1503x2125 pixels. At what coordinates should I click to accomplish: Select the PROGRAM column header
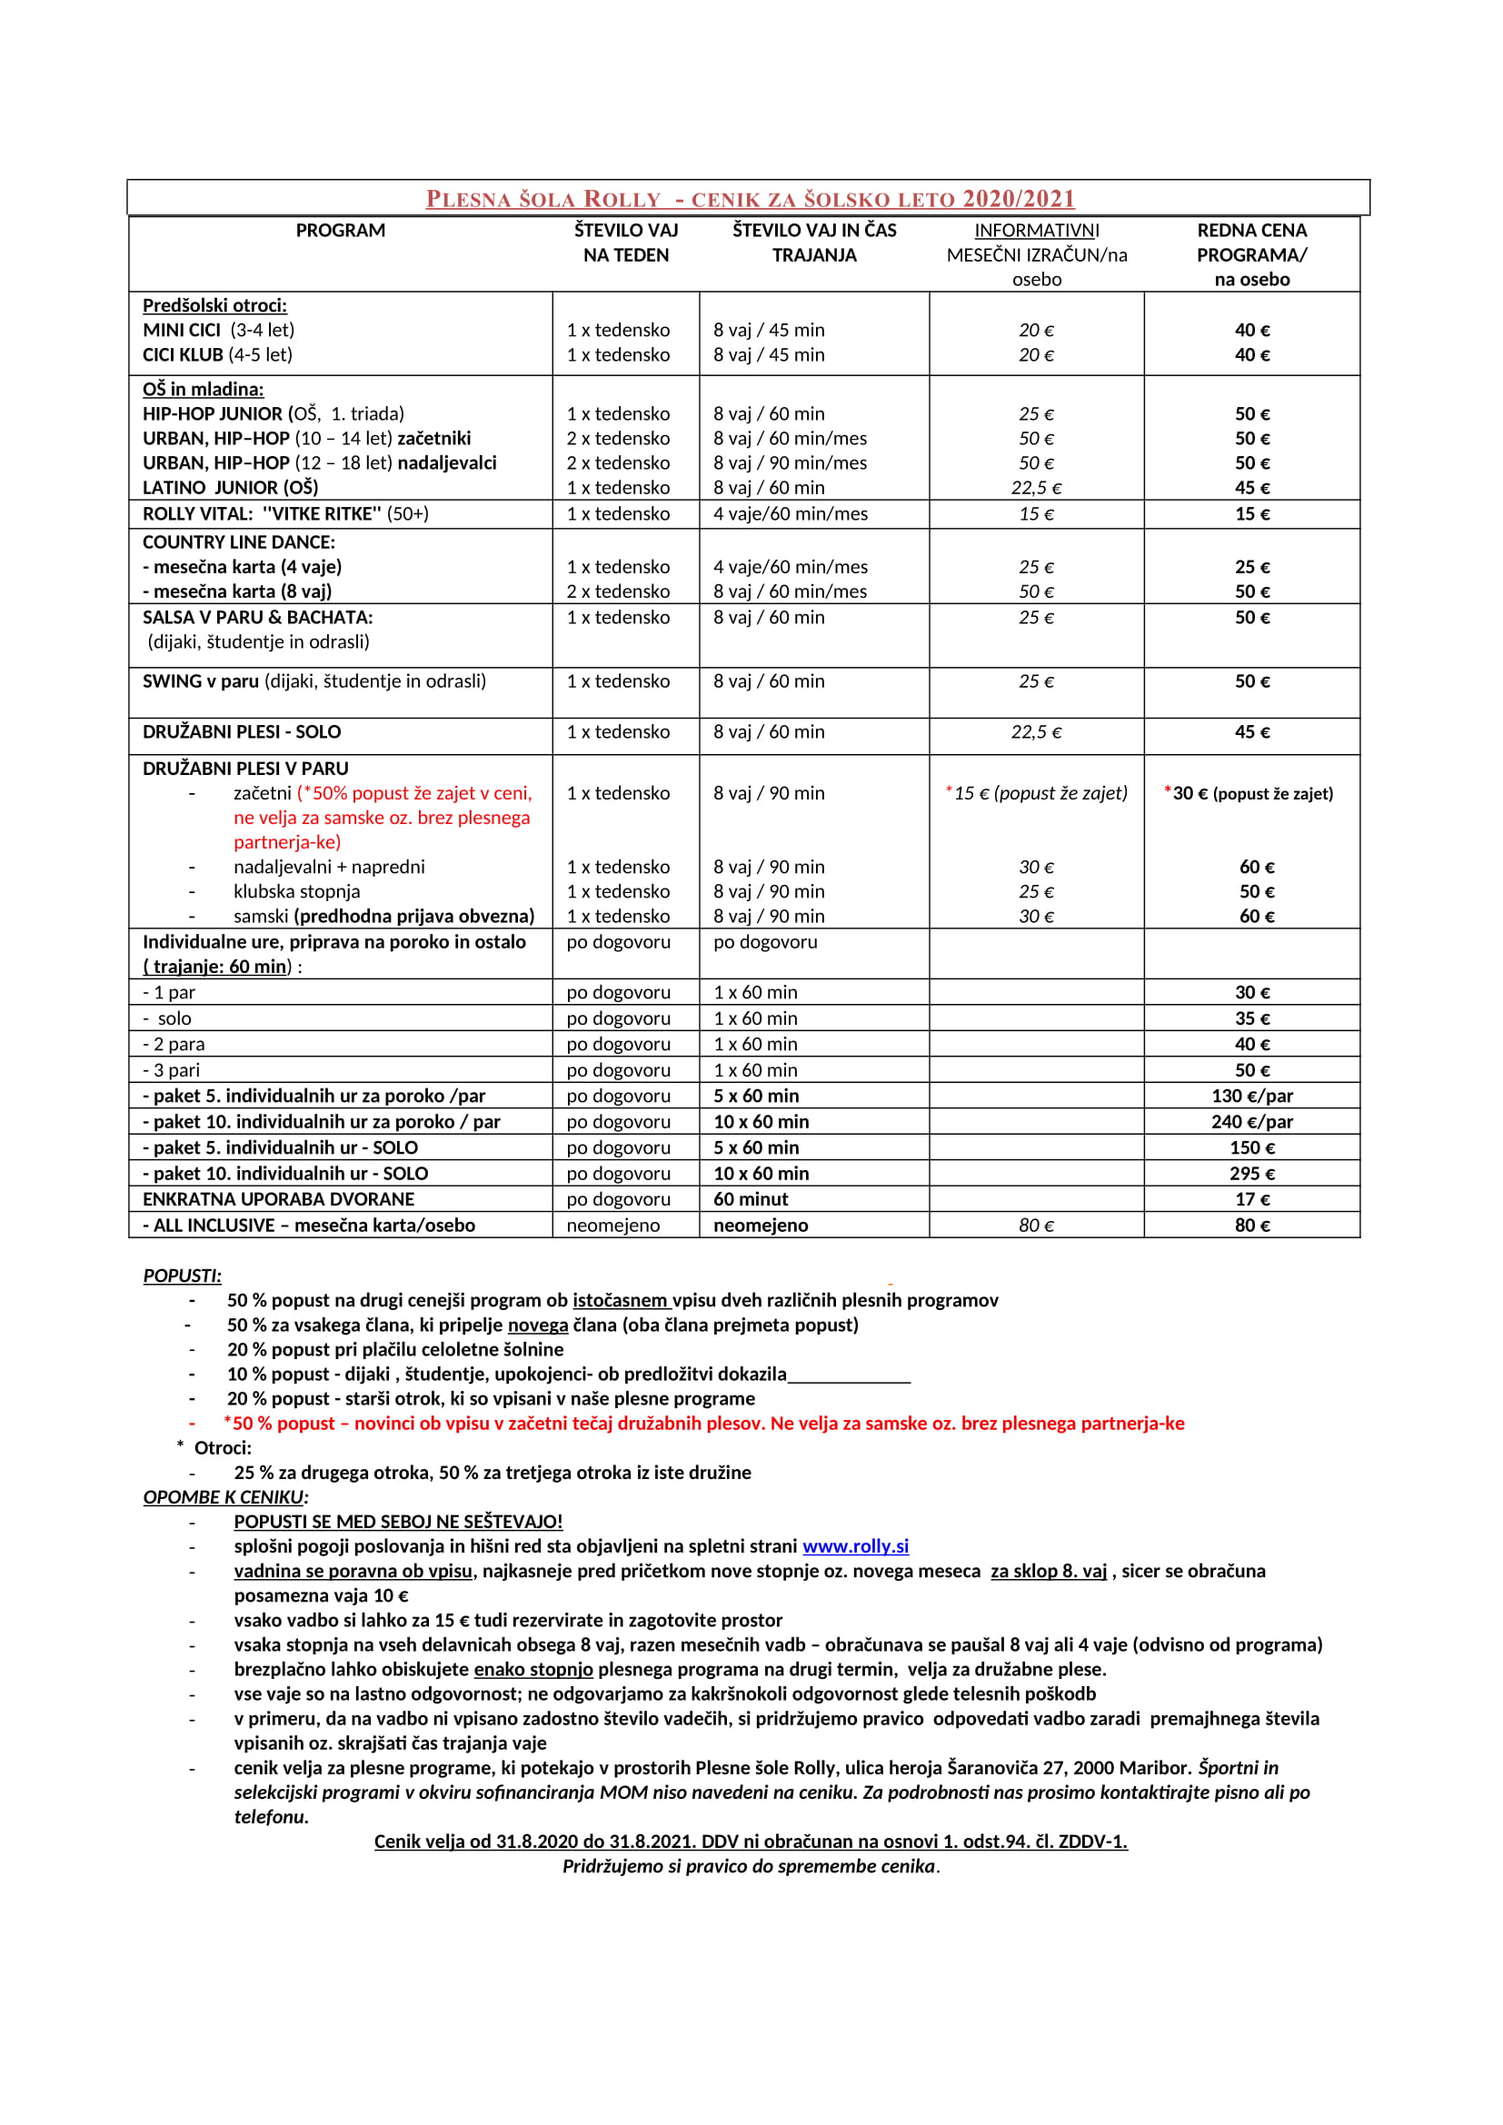[x=341, y=231]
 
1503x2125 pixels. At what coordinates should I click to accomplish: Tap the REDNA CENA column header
[x=1251, y=231]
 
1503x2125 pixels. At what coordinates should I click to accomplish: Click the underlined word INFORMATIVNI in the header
[x=1037, y=231]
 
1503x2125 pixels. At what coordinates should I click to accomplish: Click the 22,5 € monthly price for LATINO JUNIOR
[x=1037, y=488]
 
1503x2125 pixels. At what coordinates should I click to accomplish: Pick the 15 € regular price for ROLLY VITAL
[x=1252, y=513]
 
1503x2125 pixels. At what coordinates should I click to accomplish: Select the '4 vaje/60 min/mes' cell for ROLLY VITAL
[x=791, y=513]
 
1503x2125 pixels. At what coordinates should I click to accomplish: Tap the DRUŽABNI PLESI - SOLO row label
[x=242, y=732]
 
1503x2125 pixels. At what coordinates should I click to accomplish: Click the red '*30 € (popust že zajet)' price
[x=1249, y=793]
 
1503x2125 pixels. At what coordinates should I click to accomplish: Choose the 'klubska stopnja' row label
[x=296, y=891]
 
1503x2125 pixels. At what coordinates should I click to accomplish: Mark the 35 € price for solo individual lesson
[x=1252, y=1018]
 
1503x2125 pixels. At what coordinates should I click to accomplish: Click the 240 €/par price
[x=1252, y=1122]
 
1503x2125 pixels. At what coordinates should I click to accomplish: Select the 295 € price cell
[x=1252, y=1174]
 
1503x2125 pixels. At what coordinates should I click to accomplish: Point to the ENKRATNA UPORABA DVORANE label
[x=279, y=1199]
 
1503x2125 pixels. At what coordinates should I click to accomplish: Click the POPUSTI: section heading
[x=183, y=1276]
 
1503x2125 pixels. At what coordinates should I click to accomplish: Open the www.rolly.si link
[x=855, y=1546]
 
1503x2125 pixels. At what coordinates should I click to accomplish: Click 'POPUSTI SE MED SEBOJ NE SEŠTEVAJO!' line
[x=398, y=1522]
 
